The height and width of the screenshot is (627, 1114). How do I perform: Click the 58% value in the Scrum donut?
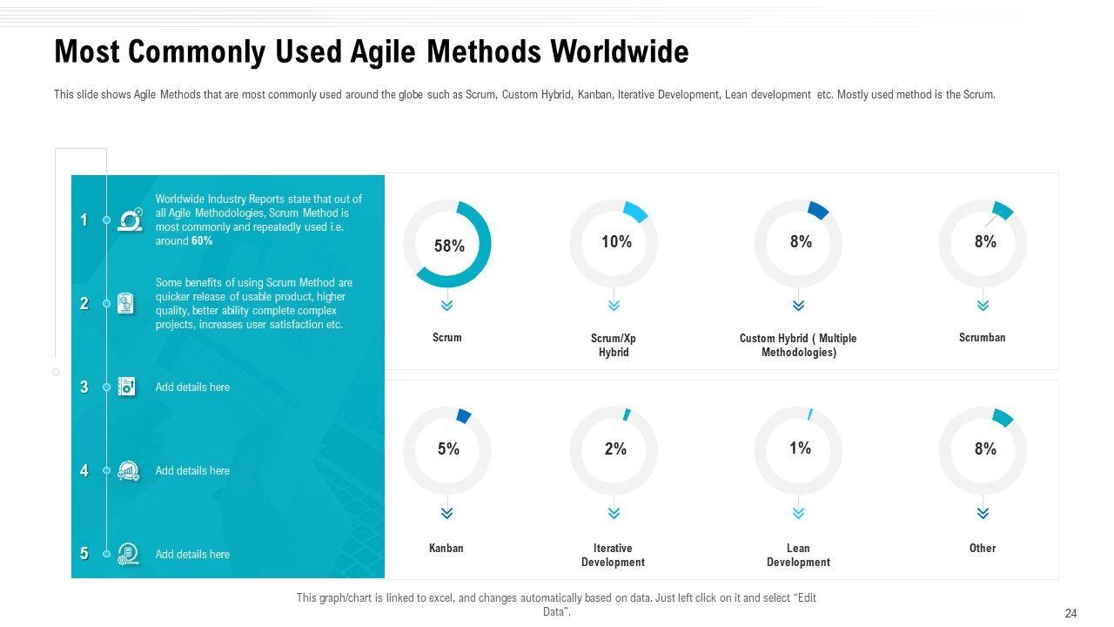tap(449, 246)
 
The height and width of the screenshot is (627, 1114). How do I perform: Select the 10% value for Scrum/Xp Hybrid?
tap(616, 242)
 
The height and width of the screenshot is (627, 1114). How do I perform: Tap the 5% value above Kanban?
tap(448, 449)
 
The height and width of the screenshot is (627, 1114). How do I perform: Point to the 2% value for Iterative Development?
tap(615, 449)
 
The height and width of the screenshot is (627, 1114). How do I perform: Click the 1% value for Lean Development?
tap(800, 448)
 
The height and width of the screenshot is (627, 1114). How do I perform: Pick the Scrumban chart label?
tap(982, 338)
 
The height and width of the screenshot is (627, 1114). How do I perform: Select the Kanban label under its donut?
tap(446, 549)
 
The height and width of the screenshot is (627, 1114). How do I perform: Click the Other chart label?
tap(983, 549)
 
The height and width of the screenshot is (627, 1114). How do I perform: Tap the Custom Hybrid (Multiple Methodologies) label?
tap(798, 346)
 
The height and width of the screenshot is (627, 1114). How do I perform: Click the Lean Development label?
tap(798, 556)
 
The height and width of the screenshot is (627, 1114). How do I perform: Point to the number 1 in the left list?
tap(84, 220)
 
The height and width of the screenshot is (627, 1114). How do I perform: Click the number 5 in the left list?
tap(84, 554)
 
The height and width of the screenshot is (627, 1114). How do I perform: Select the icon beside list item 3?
tap(127, 388)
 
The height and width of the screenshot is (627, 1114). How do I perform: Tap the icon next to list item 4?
tap(128, 471)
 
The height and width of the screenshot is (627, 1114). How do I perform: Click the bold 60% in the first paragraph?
tap(202, 241)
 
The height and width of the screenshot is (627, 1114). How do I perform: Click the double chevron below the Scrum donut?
tap(447, 306)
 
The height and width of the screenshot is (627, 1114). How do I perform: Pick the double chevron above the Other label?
tap(983, 514)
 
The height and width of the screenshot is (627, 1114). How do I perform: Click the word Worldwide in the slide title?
tap(620, 52)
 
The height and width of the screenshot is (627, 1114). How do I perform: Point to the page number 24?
tap(1070, 614)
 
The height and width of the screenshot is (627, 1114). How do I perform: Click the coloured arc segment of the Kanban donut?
tap(464, 416)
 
